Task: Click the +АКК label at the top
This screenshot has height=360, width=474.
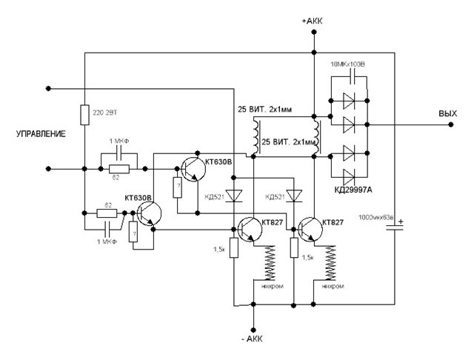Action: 314,21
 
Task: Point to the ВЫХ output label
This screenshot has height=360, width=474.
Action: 447,115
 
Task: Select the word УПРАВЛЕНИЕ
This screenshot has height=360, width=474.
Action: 41,134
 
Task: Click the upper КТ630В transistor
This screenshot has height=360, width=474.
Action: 193,168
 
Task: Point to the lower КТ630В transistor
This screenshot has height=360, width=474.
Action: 147,213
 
